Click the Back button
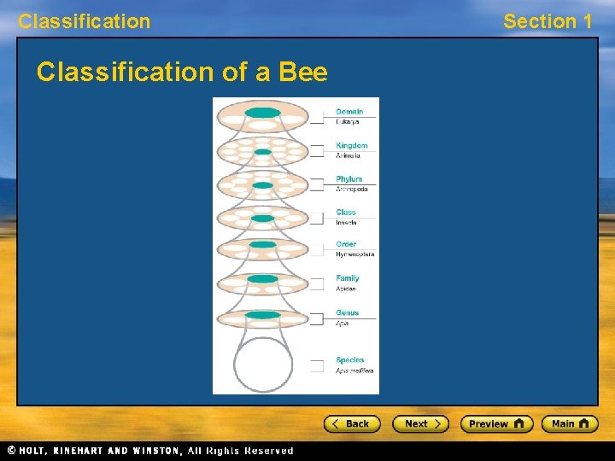pyautogui.click(x=351, y=423)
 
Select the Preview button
pyautogui.click(x=496, y=423)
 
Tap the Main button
pyautogui.click(x=570, y=423)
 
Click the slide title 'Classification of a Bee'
pyautogui.click(x=182, y=73)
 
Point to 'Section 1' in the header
pyautogui.click(x=547, y=21)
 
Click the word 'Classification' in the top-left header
pyautogui.click(x=84, y=21)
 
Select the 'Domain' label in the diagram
pyautogui.click(x=349, y=112)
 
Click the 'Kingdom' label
pyautogui.click(x=351, y=146)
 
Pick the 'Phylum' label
pyautogui.click(x=348, y=179)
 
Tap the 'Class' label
pyautogui.click(x=346, y=213)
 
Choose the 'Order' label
pyautogui.click(x=346, y=244)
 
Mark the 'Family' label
pyautogui.click(x=348, y=278)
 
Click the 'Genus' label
pyautogui.click(x=347, y=313)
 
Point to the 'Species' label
pyautogui.click(x=349, y=360)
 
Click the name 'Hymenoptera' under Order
pyautogui.click(x=354, y=254)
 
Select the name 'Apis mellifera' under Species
pyautogui.click(x=354, y=371)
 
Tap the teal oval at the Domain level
pyautogui.click(x=263, y=113)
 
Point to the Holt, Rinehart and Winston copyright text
pyautogui.click(x=150, y=451)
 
